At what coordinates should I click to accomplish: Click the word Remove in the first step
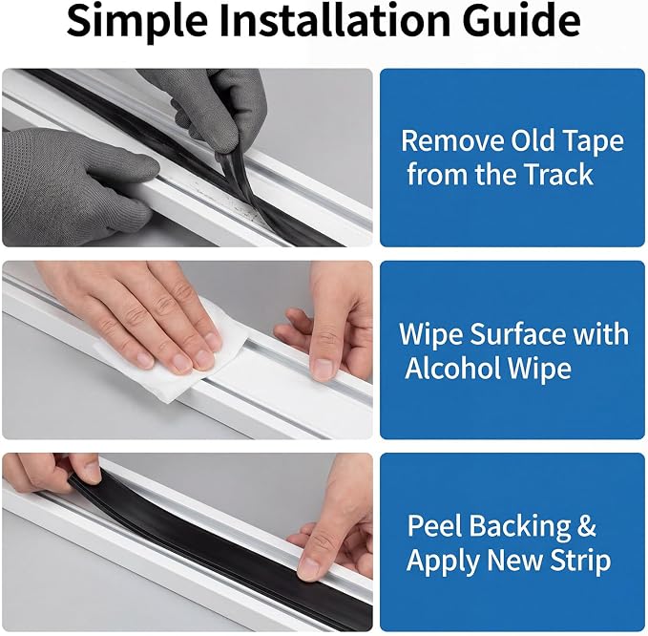pos(452,141)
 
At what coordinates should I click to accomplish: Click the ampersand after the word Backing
pos(587,526)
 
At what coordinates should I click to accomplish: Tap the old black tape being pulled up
pos(231,178)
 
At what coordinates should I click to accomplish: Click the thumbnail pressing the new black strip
pos(308,570)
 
